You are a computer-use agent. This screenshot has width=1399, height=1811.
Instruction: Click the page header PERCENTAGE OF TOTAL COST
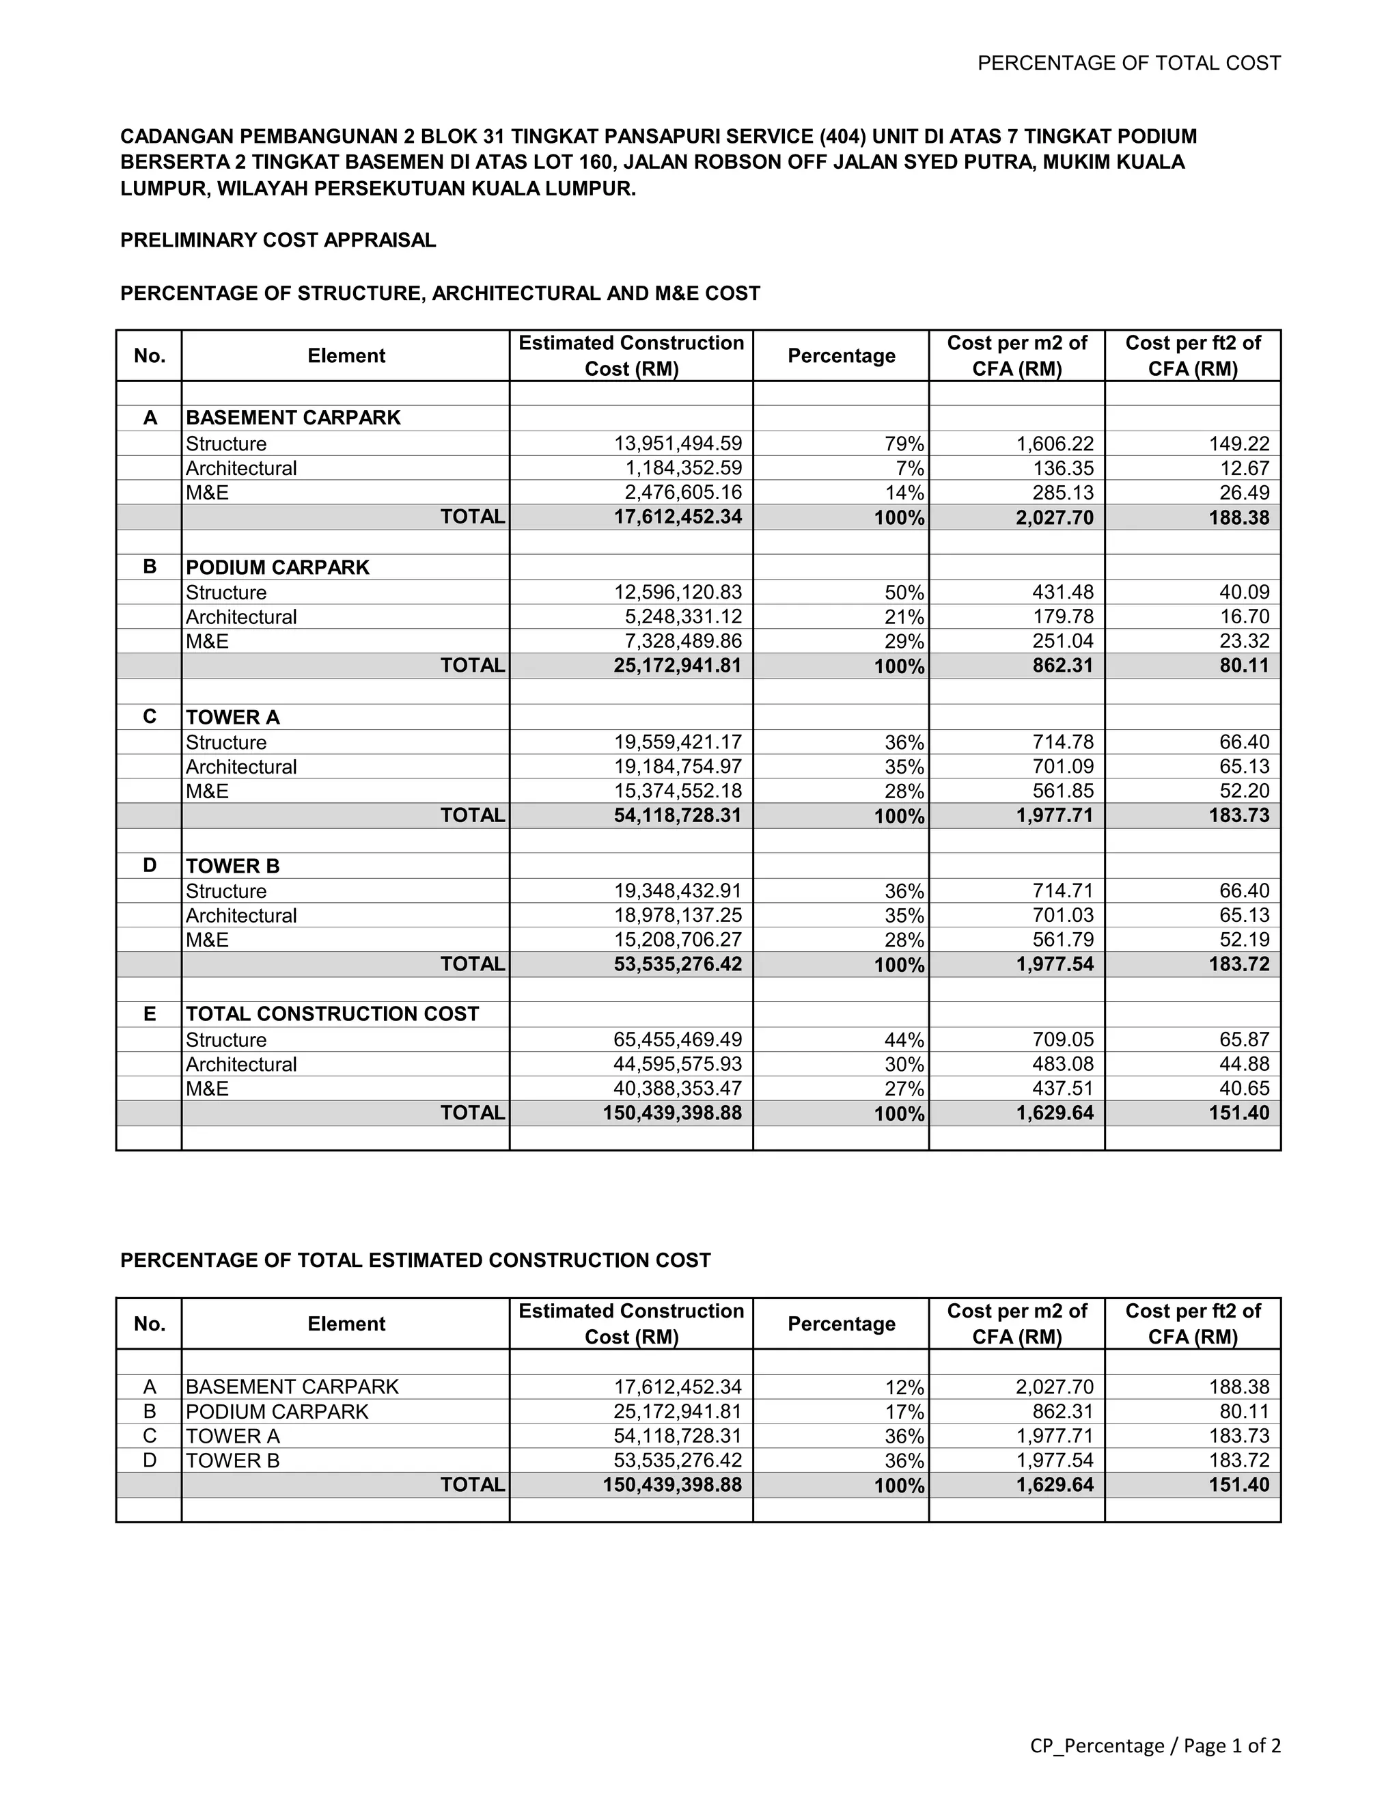click(1128, 63)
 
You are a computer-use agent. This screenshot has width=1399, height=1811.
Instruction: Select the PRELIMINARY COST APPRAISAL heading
click(277, 241)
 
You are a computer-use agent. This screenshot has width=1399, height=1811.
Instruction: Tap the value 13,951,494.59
click(677, 444)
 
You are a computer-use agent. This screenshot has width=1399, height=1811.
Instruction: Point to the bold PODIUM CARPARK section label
click(277, 567)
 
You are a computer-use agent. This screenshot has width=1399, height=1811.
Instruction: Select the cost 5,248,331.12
click(683, 617)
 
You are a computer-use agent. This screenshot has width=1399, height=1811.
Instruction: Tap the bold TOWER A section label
click(233, 718)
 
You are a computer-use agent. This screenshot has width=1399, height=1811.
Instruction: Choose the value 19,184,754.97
click(677, 767)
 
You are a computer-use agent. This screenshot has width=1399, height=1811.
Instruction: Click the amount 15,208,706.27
click(677, 940)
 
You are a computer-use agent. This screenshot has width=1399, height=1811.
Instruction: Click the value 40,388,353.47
click(677, 1089)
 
